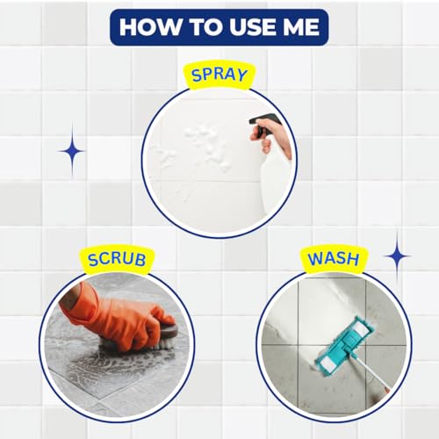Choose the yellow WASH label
click(334, 260)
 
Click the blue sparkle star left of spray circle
click(72, 150)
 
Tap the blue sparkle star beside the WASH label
click(397, 255)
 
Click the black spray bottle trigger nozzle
click(263, 123)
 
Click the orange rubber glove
click(105, 312)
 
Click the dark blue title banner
click(219, 26)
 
